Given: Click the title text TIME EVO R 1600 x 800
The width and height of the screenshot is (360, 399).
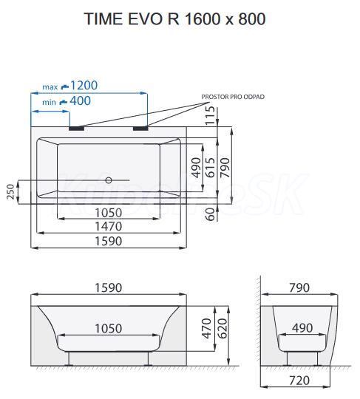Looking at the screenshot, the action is (x=174, y=18).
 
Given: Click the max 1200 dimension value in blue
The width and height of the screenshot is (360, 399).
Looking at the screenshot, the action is (x=84, y=86).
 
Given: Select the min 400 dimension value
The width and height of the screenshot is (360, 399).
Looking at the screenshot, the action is (x=80, y=101).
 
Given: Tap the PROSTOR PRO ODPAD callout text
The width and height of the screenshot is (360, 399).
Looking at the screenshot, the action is (x=233, y=97).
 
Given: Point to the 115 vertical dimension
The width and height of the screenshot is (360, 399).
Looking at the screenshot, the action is (x=210, y=115).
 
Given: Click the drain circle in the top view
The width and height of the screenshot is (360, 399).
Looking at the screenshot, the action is (x=109, y=180).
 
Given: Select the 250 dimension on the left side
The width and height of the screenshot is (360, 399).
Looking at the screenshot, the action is (x=10, y=191).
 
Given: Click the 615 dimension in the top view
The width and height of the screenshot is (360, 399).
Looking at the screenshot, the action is (x=210, y=168).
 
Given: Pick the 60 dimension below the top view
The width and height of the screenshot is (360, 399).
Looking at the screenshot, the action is (x=210, y=214).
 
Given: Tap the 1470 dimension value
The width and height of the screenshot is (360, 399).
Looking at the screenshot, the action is (x=109, y=227).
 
